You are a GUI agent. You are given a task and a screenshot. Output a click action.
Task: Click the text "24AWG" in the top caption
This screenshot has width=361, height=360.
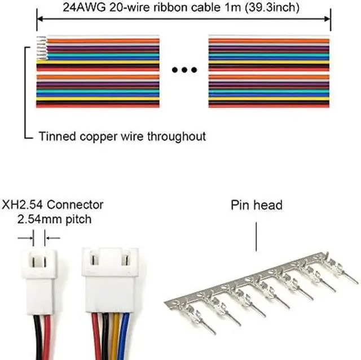tap(84, 7)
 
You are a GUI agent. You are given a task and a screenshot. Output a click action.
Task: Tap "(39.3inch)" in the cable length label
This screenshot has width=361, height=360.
tap(272, 7)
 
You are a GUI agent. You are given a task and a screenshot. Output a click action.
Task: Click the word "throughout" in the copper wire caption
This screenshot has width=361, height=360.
tap(177, 136)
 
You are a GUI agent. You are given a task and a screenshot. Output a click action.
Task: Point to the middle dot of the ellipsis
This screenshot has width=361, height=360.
tap(184, 69)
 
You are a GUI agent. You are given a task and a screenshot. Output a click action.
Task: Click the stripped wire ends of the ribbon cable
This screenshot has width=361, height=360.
tap(41, 48)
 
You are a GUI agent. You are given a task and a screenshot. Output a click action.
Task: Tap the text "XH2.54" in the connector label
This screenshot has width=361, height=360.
tap(22, 205)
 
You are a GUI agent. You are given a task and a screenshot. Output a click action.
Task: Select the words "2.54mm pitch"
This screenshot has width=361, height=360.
tap(54, 219)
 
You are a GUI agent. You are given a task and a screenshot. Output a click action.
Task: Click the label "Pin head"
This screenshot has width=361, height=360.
tap(257, 205)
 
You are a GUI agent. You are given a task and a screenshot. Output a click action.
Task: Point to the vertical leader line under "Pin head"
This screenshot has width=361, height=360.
tap(256, 236)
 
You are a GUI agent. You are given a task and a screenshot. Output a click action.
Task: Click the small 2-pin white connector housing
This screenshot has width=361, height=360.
tap(39, 282)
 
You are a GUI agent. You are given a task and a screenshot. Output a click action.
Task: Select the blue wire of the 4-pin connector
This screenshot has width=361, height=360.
tap(125, 336)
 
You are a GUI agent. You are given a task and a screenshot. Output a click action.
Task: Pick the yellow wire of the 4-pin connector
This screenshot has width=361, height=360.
tap(116, 336)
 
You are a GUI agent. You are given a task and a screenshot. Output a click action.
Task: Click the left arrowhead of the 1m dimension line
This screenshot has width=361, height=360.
tap(40, 19)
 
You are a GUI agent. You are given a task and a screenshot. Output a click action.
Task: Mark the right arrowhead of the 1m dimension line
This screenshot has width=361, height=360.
tap(327, 19)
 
